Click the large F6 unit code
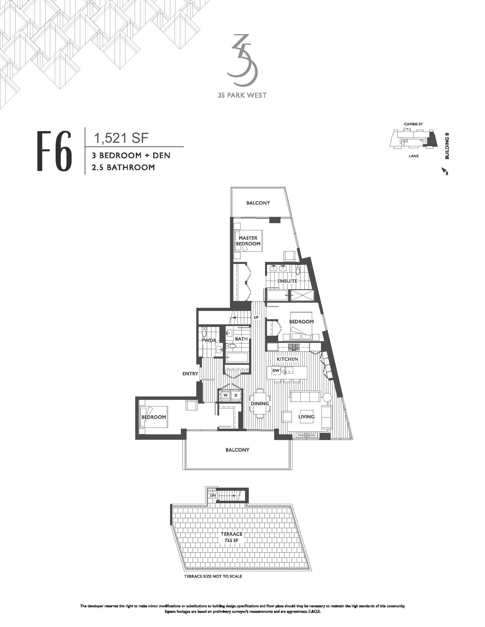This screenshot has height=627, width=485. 54,151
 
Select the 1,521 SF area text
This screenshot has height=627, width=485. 121,139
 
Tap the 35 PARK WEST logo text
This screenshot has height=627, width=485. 242,95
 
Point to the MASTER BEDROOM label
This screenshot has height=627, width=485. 248,241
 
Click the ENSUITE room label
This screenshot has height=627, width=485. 287,281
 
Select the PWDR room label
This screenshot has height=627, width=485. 209,341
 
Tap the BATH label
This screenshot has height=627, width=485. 241,339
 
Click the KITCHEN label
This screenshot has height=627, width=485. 287,359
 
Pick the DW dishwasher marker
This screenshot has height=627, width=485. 276,370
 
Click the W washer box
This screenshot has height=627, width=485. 226,395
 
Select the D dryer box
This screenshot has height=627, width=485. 236,395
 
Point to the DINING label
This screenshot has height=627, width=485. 260,403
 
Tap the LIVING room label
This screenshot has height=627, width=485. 306,417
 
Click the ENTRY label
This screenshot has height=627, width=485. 190,374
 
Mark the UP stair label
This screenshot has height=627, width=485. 256,317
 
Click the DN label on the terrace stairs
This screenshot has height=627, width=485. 213,496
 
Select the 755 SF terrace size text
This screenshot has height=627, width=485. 231,540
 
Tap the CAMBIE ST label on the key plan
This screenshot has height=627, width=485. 413,124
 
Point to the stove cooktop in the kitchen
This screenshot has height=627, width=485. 294,347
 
